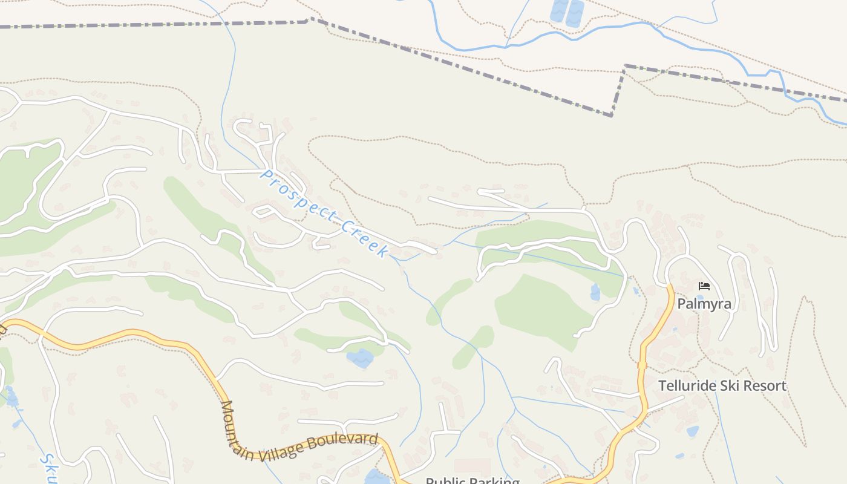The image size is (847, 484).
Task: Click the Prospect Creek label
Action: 324,213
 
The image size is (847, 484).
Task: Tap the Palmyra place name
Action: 704,304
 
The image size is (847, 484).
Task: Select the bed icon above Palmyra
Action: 704,286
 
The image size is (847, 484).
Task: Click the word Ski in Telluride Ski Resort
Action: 730,385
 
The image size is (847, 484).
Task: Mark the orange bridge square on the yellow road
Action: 642,365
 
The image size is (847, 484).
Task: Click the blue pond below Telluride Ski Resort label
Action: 693,431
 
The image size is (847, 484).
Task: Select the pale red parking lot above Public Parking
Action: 473,466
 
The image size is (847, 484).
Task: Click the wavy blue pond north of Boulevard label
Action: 360,358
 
